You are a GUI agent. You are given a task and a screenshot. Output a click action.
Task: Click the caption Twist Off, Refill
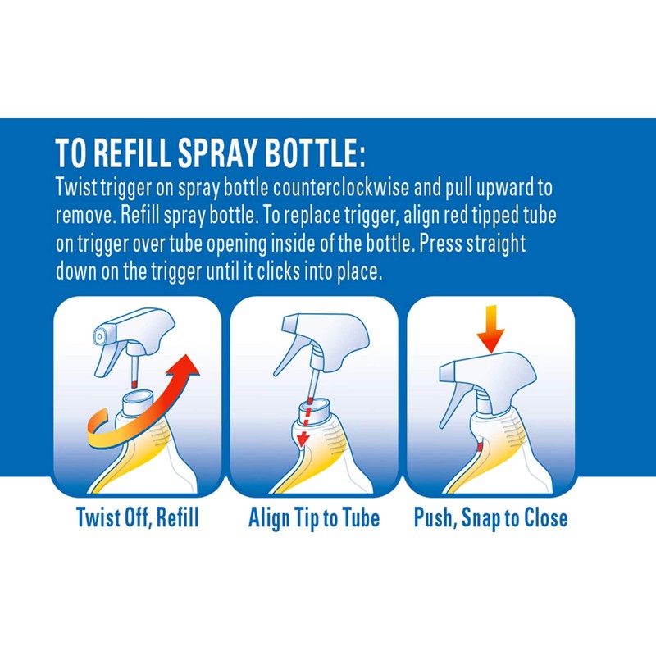click(x=137, y=518)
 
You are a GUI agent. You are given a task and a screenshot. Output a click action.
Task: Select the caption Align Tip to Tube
click(x=314, y=518)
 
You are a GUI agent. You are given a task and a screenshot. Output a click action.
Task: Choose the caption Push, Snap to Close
click(x=490, y=518)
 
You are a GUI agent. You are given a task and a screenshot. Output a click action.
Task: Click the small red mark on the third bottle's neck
click(x=478, y=448)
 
